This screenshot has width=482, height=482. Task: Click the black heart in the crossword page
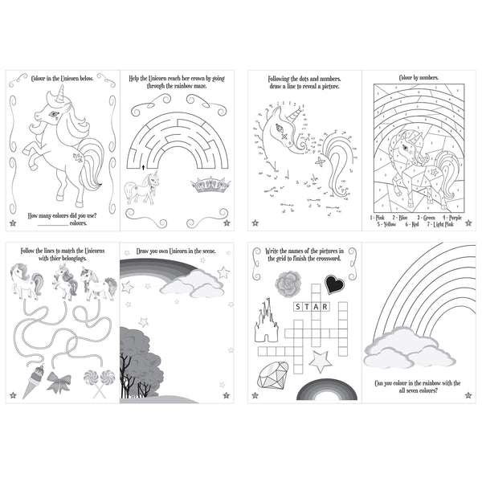tap(334, 284)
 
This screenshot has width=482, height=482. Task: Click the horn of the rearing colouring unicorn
tap(58, 96)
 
